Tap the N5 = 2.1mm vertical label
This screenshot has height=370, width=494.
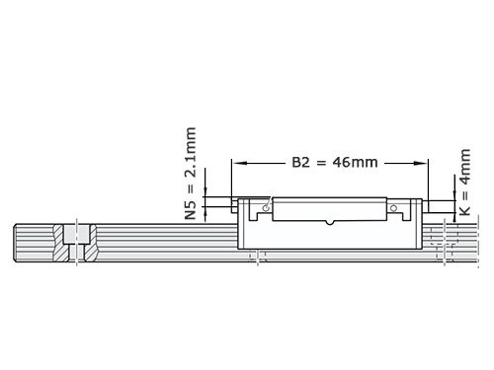pos(192,173)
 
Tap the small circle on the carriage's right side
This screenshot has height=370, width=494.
pos(393,208)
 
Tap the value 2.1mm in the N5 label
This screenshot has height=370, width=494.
pos(192,158)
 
